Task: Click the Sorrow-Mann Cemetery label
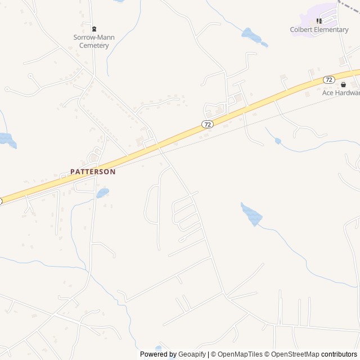(94, 41)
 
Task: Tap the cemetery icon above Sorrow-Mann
(94, 29)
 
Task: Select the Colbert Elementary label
(319, 30)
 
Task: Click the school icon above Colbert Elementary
(319, 21)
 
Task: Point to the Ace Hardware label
(340, 93)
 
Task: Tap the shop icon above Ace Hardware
(344, 84)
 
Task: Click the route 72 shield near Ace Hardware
(329, 80)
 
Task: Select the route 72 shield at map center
(208, 124)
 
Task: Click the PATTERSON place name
(93, 172)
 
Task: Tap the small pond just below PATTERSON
(102, 193)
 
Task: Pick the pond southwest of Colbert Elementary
(254, 37)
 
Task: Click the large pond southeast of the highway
(251, 214)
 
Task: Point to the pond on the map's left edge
(7, 139)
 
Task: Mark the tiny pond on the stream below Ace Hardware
(278, 141)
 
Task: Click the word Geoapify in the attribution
(192, 354)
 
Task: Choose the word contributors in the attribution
(339, 354)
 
